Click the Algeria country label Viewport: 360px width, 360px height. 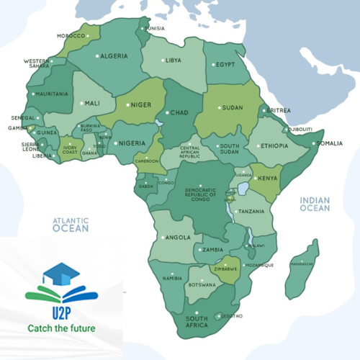pyautogui.click(x=113, y=56)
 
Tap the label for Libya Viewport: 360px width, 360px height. pyautogui.click(x=173, y=60)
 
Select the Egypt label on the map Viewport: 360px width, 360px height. pyautogui.click(x=226, y=65)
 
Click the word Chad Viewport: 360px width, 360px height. pyautogui.click(x=179, y=112)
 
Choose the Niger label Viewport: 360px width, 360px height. pyautogui.click(x=141, y=104)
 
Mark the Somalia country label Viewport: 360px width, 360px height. pyautogui.click(x=330, y=143)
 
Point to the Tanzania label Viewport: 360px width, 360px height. pyautogui.click(x=251, y=212)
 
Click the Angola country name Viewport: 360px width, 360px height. pyautogui.click(x=178, y=237)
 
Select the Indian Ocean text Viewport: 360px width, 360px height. pyautogui.click(x=315, y=204)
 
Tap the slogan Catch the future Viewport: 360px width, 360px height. pyautogui.click(x=60, y=329)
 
